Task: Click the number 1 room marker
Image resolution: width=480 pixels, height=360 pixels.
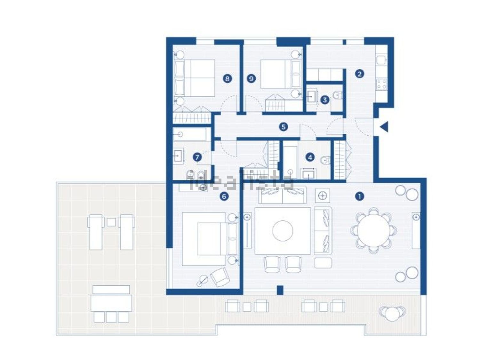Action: (359, 196)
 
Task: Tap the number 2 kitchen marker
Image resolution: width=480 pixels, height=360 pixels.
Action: (359, 74)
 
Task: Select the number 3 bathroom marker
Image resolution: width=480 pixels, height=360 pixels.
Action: (325, 100)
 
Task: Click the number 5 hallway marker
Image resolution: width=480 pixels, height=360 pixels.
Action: (284, 127)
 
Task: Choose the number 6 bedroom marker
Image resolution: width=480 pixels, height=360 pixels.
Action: (224, 196)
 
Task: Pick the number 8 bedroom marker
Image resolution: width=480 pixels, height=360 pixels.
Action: (228, 78)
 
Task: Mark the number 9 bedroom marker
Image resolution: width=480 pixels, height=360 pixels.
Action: (251, 78)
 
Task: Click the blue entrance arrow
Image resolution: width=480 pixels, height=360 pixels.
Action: (384, 127)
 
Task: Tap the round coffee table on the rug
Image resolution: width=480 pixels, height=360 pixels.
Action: (283, 231)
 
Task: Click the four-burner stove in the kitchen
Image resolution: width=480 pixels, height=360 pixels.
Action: (381, 84)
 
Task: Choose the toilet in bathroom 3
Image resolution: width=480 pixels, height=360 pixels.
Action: (338, 95)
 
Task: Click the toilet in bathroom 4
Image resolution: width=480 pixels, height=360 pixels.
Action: (326, 160)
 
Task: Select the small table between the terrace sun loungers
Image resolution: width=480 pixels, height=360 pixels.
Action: (111, 222)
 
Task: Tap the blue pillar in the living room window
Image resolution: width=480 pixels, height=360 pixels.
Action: (280, 290)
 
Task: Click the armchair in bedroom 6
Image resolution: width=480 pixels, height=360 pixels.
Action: (220, 277)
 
